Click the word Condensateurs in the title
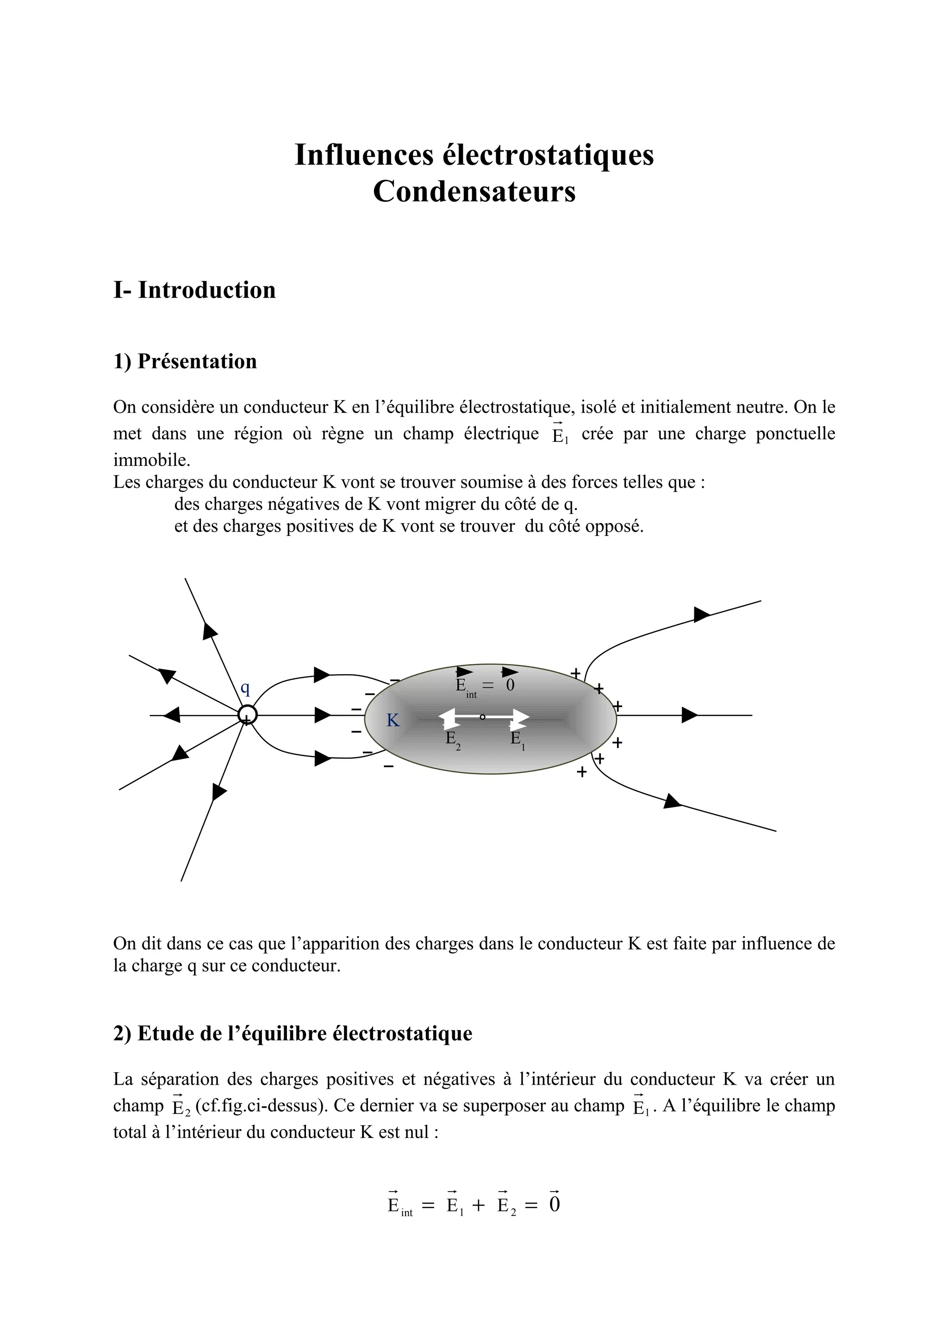click(474, 192)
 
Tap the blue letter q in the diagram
click(245, 689)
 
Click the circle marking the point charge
click(247, 714)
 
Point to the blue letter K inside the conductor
click(393, 721)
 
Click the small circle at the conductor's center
click(482, 717)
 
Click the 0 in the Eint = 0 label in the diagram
click(510, 685)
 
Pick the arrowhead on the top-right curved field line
click(701, 615)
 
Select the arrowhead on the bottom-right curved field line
click(672, 802)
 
